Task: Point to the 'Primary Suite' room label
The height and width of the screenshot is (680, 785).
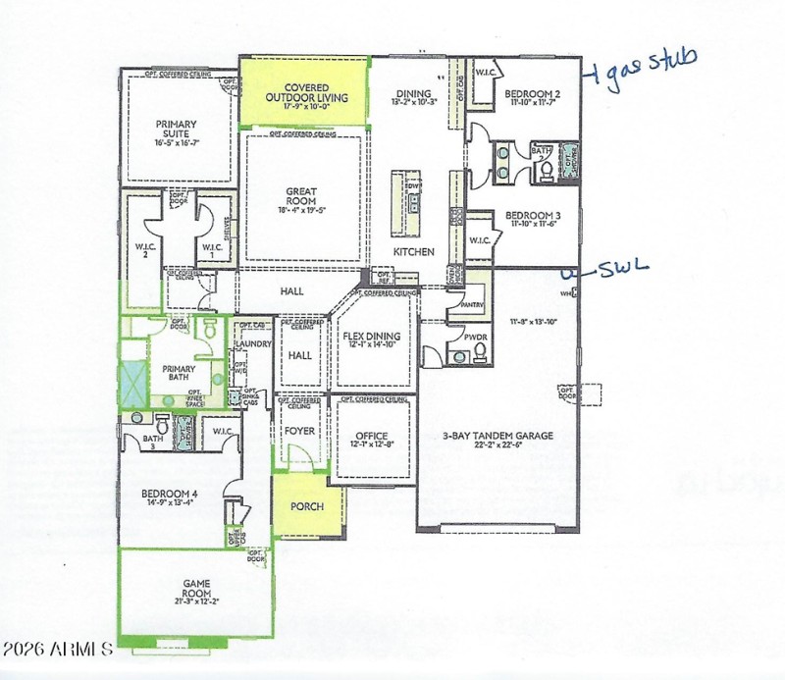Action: coord(177,130)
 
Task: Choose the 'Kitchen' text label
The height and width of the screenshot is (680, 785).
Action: coord(414,252)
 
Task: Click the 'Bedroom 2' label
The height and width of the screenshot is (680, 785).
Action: coord(533,95)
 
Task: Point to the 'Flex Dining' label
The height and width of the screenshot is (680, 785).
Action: coord(368,338)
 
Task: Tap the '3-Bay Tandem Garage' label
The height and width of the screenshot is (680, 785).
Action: coord(497,436)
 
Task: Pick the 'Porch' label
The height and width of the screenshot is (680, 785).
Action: coord(307,506)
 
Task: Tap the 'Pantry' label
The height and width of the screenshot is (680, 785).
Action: coord(475,304)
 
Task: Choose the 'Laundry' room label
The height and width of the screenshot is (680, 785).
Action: coord(253,343)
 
